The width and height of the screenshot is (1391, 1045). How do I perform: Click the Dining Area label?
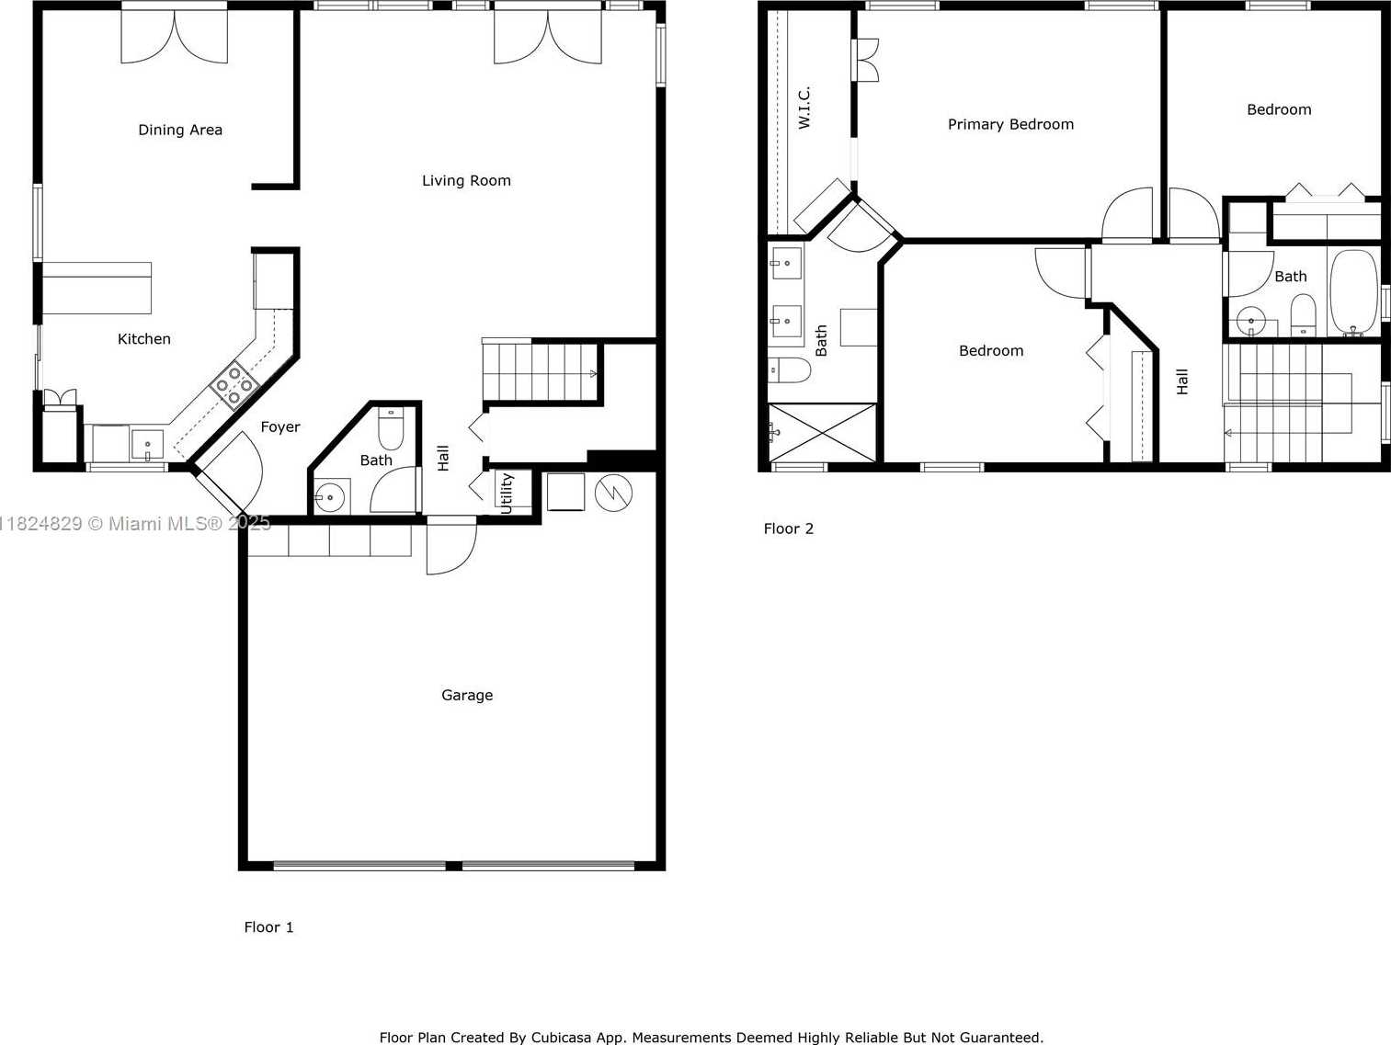[x=180, y=130]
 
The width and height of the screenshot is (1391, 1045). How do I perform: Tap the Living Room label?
[x=466, y=180]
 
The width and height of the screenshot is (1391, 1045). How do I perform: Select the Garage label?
[x=467, y=695]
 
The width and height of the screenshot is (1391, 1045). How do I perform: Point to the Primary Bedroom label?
[x=1010, y=124]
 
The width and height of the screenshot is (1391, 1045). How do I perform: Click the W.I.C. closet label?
[x=804, y=108]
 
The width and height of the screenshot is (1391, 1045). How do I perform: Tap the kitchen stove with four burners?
[x=234, y=384]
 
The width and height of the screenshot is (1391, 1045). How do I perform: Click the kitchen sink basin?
[x=148, y=444]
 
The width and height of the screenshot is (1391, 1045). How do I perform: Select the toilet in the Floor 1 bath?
[x=391, y=428]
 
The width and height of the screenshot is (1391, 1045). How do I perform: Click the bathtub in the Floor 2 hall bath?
[x=1353, y=292]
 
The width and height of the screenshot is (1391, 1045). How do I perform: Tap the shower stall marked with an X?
[x=822, y=433]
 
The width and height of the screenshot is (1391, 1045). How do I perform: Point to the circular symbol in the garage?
[x=613, y=493]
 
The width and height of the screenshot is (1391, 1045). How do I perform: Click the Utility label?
[x=506, y=494]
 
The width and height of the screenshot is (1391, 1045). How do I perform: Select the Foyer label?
[x=280, y=426]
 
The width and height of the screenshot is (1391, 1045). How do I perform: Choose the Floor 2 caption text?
[x=788, y=528]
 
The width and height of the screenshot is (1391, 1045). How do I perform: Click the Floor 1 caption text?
[x=268, y=927]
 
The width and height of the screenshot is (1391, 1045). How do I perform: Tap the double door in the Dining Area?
[x=175, y=36]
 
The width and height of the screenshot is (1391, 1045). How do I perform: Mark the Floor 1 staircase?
[x=540, y=371]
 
